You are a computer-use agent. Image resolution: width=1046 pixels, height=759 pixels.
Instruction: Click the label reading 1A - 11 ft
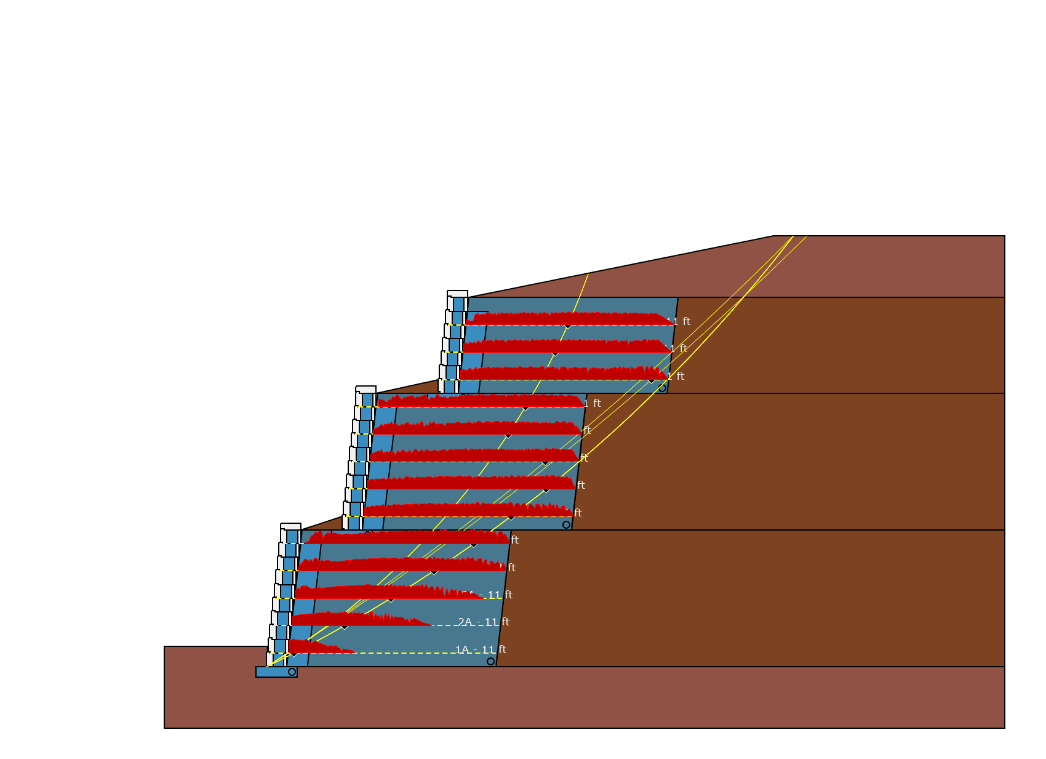coord(481,649)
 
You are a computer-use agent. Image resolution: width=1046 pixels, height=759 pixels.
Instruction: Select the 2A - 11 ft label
coord(484,622)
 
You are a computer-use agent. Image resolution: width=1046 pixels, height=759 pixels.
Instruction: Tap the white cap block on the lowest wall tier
coord(291,527)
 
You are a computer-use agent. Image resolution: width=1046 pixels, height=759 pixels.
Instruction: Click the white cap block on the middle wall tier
coord(366,390)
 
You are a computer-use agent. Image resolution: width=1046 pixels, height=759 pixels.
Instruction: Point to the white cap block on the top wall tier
coord(457,294)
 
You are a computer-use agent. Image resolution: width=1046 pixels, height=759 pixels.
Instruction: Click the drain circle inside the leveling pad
coord(292,672)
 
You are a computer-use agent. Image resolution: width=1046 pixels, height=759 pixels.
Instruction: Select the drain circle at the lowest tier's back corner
coord(490,661)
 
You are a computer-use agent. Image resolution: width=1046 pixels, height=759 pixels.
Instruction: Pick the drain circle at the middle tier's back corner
coord(566,524)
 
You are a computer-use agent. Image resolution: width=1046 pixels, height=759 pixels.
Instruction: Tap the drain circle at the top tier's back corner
coord(662,388)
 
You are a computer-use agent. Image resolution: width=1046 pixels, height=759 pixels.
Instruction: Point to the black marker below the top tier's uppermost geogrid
coord(567,326)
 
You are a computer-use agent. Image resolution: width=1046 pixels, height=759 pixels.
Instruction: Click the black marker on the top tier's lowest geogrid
coord(652,381)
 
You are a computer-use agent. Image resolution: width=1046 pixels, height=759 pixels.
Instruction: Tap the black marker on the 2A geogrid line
coord(345,627)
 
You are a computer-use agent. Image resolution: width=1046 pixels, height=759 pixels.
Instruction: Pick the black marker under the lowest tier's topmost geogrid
coord(474,545)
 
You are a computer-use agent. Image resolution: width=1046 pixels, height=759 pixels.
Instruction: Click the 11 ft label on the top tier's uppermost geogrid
coord(680,321)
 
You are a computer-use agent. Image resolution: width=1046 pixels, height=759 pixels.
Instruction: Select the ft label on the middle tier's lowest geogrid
coord(578,513)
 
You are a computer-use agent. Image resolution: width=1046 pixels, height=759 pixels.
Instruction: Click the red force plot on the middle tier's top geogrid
coord(480,401)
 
